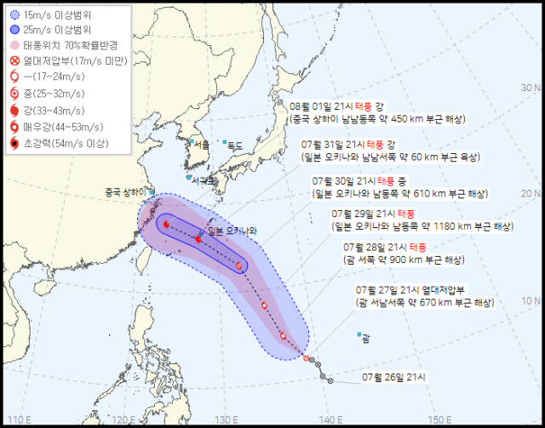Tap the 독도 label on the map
[x=234, y=146]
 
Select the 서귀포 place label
[x=204, y=181]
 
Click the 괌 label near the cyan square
[x=366, y=340]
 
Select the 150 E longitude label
[x=440, y=419]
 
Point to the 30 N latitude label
[x=532, y=88]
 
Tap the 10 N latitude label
[x=532, y=301]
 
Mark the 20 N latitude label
[x=532, y=195]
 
